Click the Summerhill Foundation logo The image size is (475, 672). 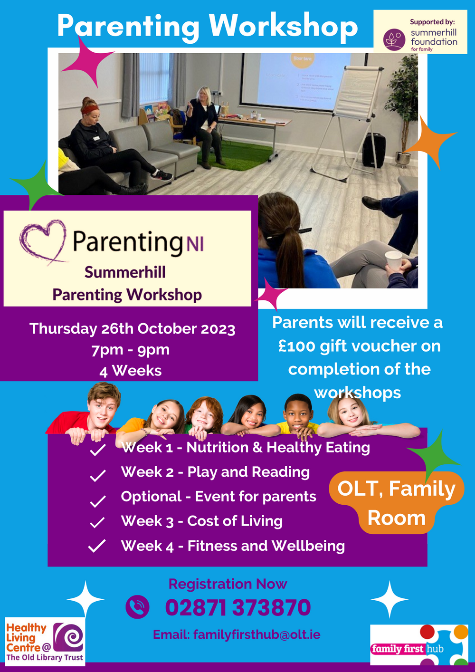(420, 32)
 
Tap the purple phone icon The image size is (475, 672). (137, 607)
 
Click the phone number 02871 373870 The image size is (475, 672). (238, 608)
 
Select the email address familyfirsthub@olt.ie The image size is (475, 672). (256, 634)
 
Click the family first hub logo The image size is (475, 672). (419, 645)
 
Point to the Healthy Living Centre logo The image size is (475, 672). (45, 642)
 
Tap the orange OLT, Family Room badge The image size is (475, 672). (396, 503)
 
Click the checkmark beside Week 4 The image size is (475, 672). (97, 546)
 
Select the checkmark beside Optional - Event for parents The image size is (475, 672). (97, 501)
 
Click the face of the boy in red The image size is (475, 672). (104, 408)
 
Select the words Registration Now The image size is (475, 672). (228, 584)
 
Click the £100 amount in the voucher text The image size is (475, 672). (297, 346)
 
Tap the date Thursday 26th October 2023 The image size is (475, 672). (132, 329)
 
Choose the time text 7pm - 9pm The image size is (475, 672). (131, 350)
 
